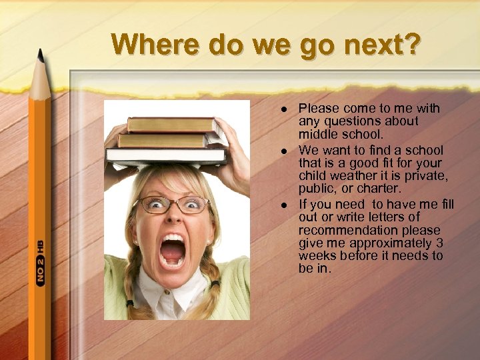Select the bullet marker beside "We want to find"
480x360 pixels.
(x=285, y=150)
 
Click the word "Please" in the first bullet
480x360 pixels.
(x=317, y=108)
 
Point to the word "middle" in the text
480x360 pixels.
(x=318, y=135)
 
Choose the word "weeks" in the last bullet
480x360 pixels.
(x=317, y=257)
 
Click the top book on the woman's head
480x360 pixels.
(x=171, y=125)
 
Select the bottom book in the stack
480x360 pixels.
(x=166, y=156)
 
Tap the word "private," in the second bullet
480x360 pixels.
(x=424, y=176)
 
